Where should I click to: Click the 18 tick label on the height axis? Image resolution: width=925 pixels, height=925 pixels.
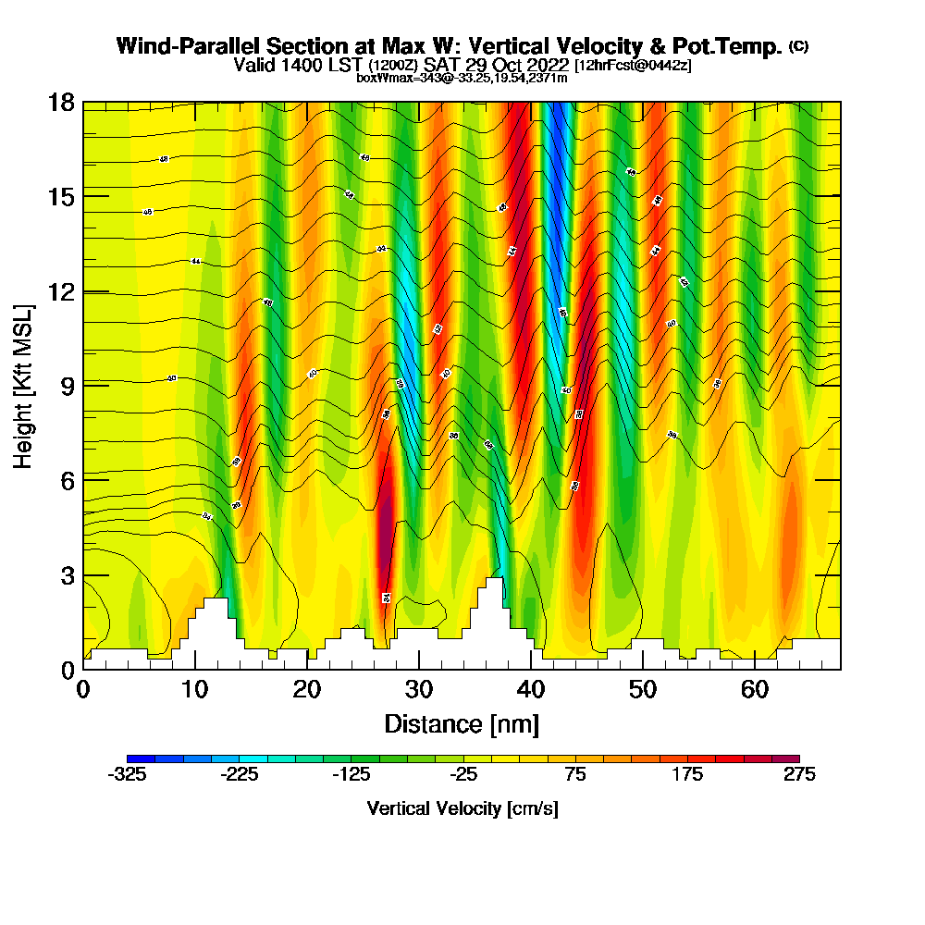[61, 102]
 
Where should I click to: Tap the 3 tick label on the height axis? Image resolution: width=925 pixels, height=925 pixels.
[66, 574]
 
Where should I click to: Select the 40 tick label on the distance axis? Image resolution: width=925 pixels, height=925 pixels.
[531, 690]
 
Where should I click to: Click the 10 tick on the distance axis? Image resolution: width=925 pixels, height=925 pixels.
[195, 670]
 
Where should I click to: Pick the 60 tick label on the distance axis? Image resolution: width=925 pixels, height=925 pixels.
[755, 690]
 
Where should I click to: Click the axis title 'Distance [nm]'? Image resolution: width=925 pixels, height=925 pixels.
[462, 723]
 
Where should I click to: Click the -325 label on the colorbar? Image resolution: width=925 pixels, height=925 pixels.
[128, 775]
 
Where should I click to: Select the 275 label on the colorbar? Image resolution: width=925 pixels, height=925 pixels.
[799, 775]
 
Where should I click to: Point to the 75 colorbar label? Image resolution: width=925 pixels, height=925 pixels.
[575, 775]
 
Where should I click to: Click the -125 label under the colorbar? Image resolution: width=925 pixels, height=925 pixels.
[351, 775]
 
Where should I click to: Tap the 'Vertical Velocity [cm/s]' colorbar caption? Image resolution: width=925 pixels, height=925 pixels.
[462, 808]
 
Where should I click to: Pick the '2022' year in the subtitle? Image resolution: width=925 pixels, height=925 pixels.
[545, 66]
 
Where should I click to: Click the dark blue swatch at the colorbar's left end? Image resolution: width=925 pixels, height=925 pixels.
[142, 758]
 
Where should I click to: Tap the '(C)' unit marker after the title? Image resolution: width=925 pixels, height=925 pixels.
[797, 46]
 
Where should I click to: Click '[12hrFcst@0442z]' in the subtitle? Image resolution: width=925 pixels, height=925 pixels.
[633, 66]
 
